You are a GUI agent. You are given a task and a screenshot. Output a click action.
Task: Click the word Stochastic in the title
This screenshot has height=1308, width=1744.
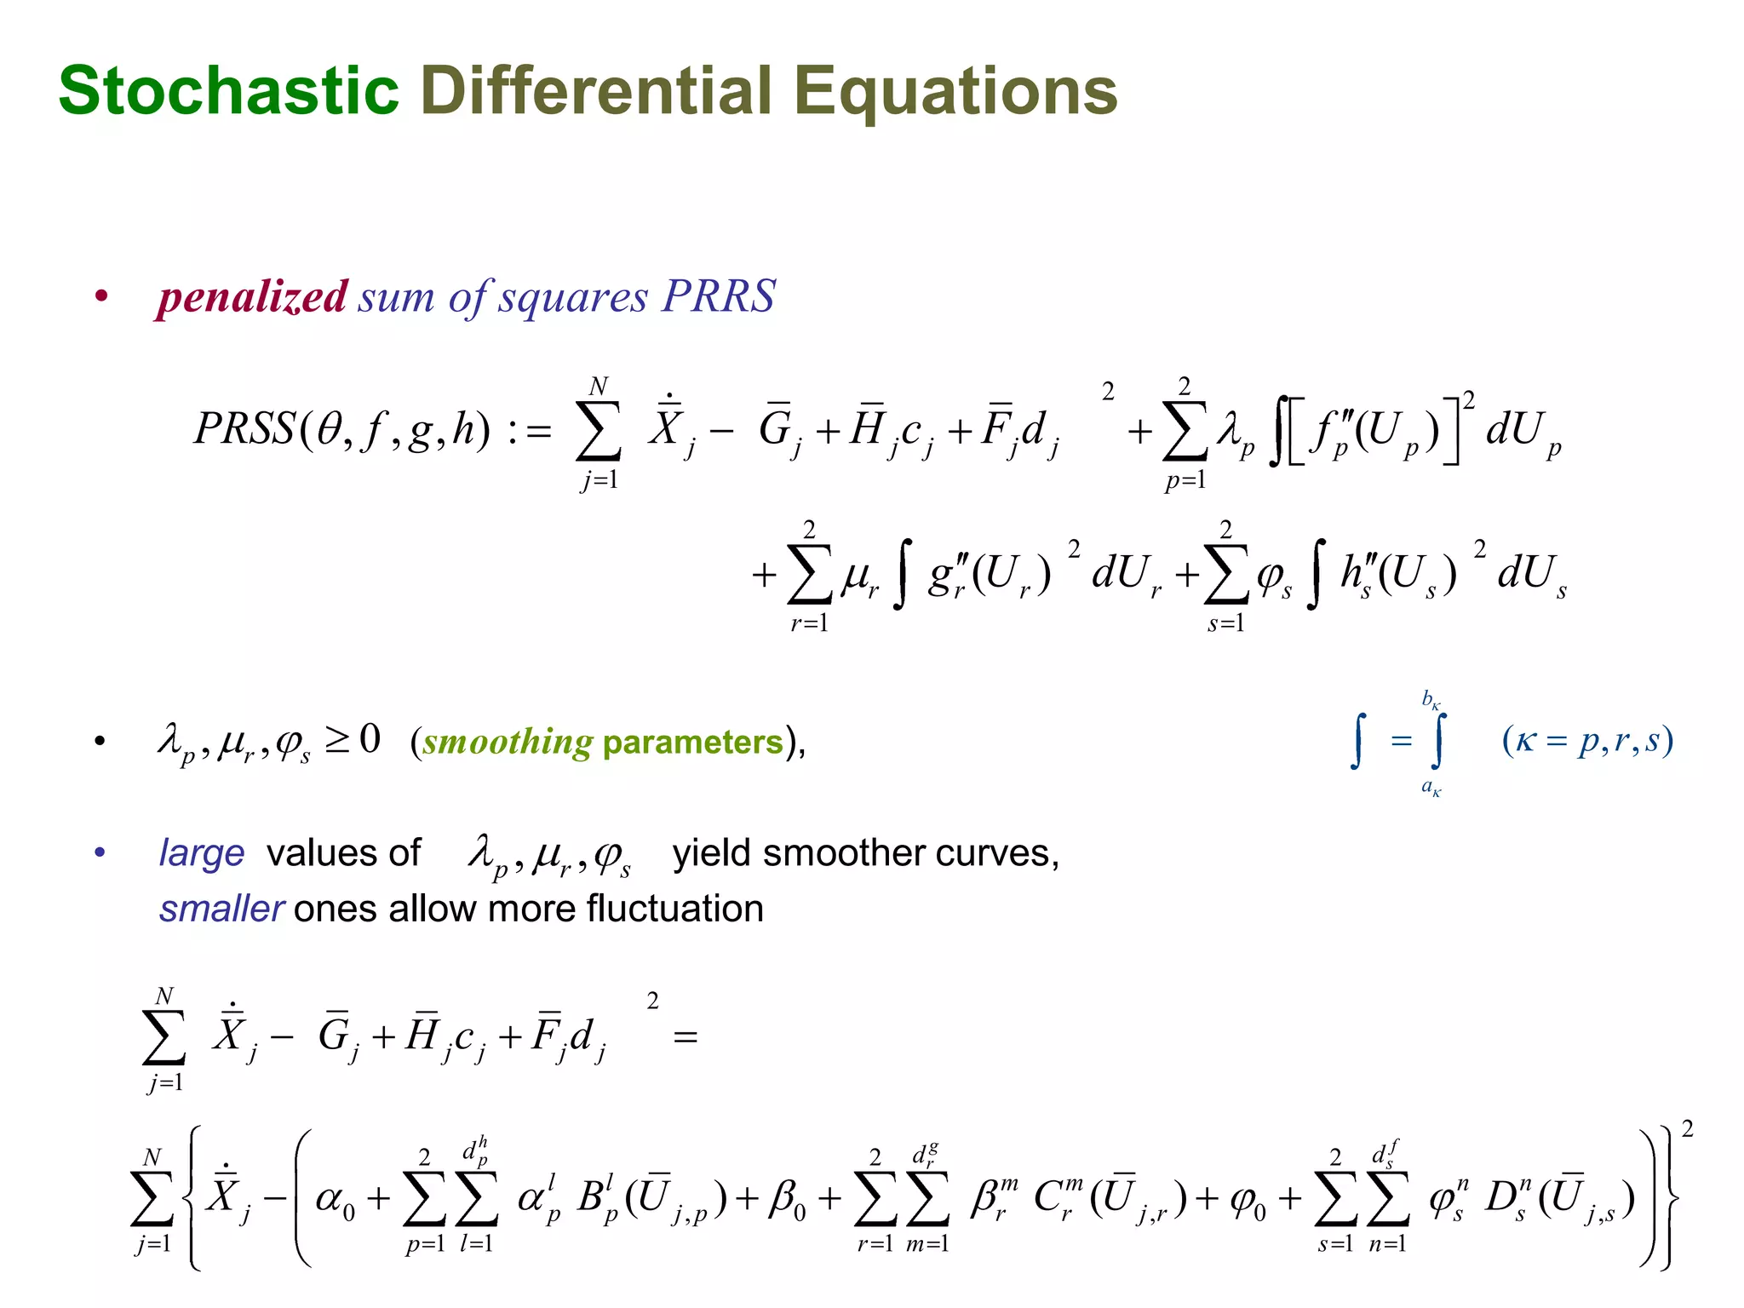coord(228,91)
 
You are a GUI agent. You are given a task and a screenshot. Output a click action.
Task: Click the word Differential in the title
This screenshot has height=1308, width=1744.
coord(596,91)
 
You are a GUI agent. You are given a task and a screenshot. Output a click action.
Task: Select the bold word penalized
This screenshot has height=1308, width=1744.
coord(252,297)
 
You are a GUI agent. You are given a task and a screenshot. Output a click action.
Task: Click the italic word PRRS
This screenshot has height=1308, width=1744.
coord(719,296)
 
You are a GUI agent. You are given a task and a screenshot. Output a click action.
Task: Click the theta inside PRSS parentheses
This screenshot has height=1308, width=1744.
coord(329,427)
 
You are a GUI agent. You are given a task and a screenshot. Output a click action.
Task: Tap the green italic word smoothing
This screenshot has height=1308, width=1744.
coord(508,742)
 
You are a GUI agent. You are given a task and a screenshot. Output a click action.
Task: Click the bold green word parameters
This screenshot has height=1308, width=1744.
coord(692,742)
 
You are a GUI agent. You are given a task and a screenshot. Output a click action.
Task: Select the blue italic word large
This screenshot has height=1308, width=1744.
coord(202,853)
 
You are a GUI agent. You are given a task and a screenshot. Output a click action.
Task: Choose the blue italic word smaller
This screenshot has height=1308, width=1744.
coord(221,909)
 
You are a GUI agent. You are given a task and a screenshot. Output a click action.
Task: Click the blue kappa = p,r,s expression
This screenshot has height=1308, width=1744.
coord(1587,740)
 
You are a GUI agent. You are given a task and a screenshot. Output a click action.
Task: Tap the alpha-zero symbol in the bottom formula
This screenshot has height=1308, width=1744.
coord(335,1201)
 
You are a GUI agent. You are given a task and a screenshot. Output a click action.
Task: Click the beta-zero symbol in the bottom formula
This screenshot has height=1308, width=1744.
coord(785,1201)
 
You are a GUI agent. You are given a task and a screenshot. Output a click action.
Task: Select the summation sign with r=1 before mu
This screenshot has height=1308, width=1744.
coord(809,575)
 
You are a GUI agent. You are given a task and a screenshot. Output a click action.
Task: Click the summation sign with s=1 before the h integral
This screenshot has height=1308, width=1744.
coord(1226,575)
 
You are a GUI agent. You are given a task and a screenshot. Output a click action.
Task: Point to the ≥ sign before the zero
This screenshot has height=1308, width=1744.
coord(338,739)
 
